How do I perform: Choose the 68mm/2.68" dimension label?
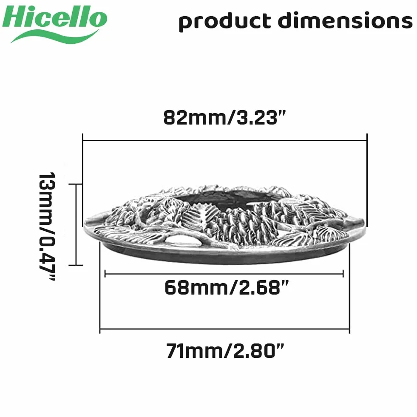[226, 287]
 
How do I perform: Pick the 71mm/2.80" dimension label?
[225, 351]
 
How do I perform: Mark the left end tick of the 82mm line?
[83, 140]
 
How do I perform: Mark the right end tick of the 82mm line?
[367, 140]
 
